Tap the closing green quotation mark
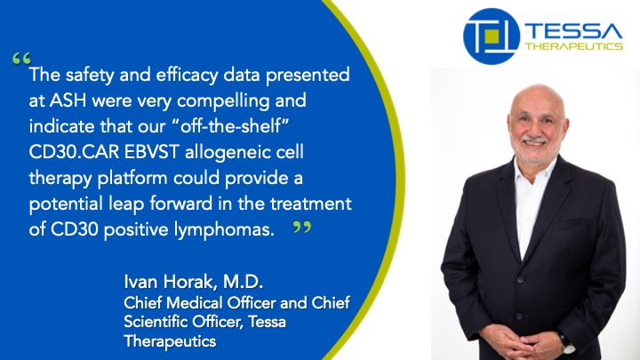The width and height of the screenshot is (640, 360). coord(301,227)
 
